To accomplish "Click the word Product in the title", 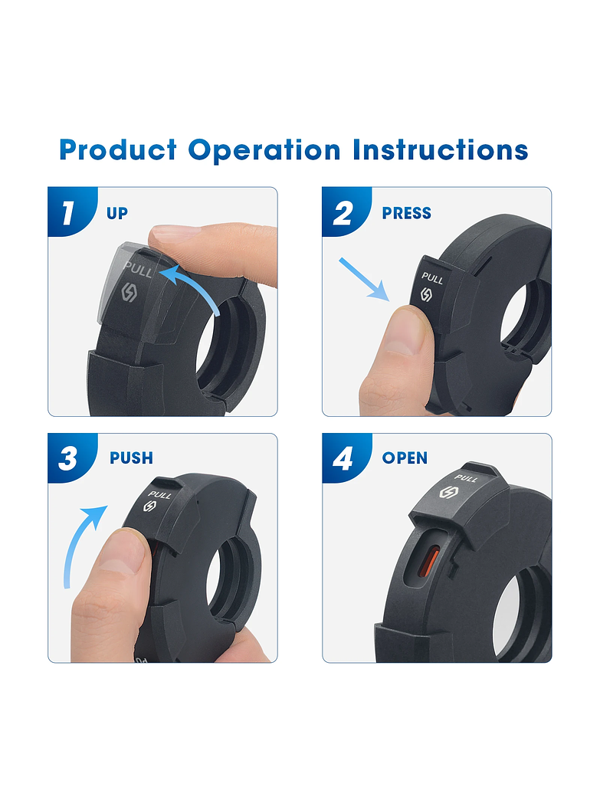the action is (118, 149).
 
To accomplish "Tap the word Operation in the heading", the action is (264, 150).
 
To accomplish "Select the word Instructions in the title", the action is (441, 149).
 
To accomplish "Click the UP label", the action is (117, 213).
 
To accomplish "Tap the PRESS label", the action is (407, 213).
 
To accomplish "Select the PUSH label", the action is (132, 458).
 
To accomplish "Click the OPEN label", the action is (405, 458).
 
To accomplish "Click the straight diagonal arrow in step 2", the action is (364, 279).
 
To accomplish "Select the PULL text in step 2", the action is (432, 278).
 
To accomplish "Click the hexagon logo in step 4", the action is (448, 493).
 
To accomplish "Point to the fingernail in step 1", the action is (176, 233).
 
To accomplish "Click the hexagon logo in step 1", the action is (129, 293).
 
